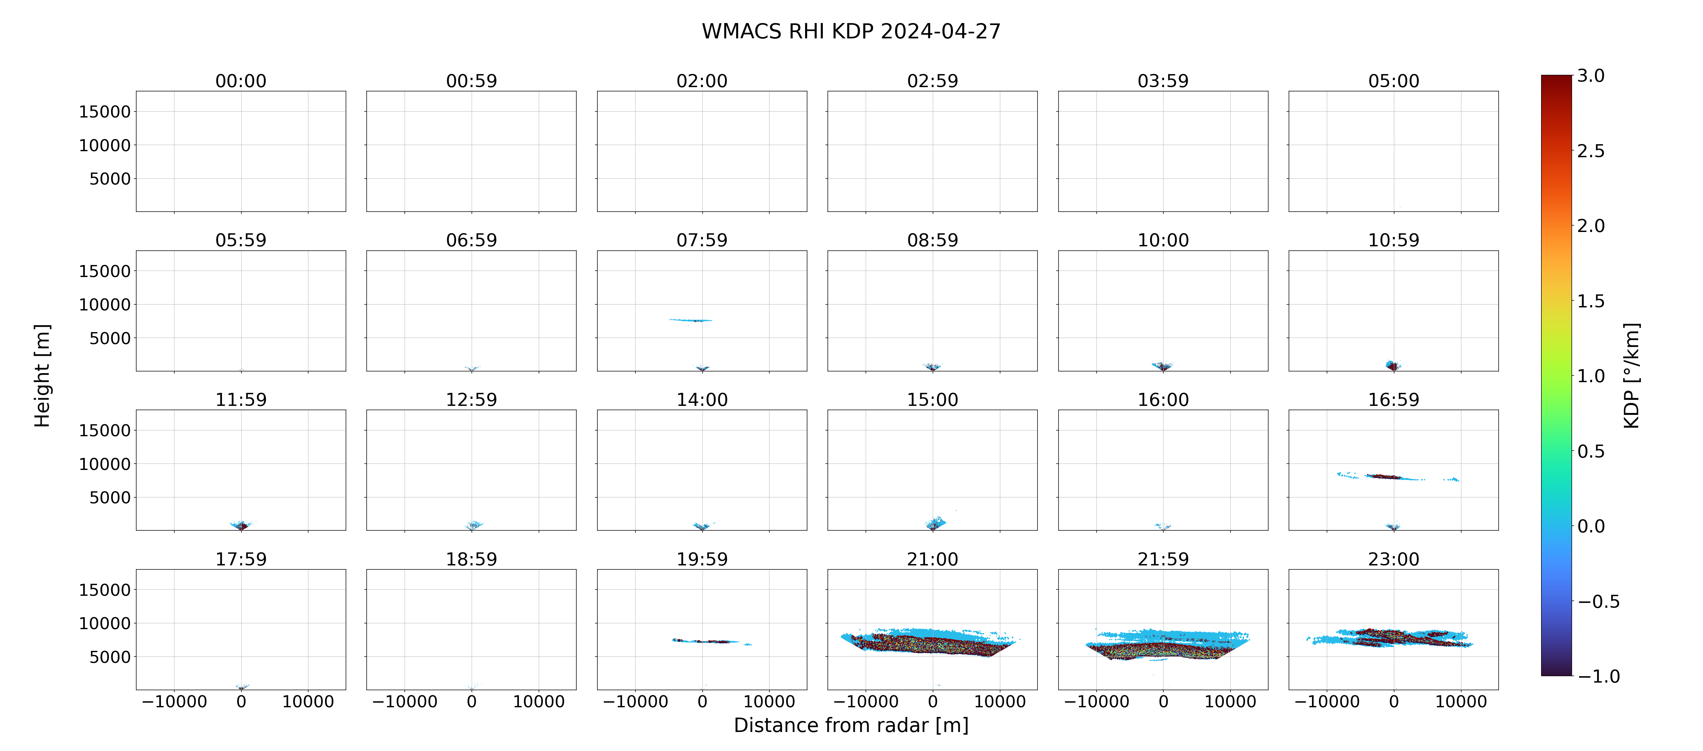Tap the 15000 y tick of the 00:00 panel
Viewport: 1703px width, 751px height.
pos(105,112)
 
